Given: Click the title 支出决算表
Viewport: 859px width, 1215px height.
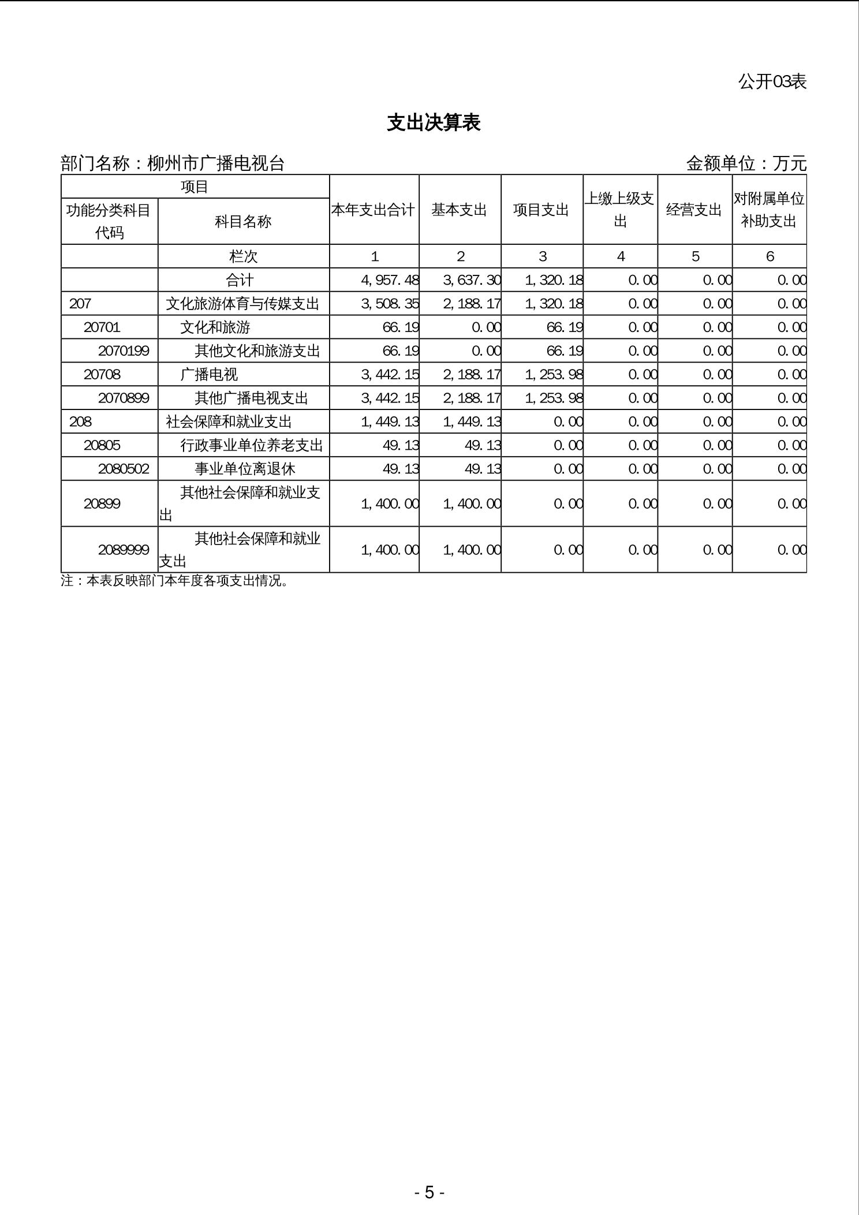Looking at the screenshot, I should [434, 122].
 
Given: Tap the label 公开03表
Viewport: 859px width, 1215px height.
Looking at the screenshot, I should [772, 81].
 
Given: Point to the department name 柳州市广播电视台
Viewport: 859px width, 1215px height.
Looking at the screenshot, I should [216, 163].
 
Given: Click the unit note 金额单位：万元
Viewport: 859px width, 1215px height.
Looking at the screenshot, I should [746, 163].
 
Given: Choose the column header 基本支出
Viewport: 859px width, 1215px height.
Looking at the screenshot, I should [459, 210].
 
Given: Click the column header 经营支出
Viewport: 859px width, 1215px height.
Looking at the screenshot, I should [694, 210].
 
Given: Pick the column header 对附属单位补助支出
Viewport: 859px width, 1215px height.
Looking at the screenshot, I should [769, 210].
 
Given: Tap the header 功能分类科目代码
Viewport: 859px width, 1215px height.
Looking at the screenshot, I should [109, 221].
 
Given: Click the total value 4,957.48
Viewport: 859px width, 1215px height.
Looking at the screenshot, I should [390, 280].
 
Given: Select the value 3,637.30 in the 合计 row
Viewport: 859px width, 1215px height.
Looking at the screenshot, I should [472, 280].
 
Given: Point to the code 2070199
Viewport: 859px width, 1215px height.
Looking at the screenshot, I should [124, 351].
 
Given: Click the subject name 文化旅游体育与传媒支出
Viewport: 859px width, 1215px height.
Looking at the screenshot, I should [242, 304].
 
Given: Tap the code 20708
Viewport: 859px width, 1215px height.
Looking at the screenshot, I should [102, 375].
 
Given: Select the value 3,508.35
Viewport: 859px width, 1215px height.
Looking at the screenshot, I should [390, 304].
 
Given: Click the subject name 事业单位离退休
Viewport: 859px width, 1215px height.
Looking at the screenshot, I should [245, 469].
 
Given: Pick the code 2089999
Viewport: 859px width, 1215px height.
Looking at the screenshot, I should [124, 550].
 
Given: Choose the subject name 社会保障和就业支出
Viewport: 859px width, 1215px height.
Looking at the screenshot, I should [229, 422].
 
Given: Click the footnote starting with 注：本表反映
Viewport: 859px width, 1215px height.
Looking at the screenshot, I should [174, 581].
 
